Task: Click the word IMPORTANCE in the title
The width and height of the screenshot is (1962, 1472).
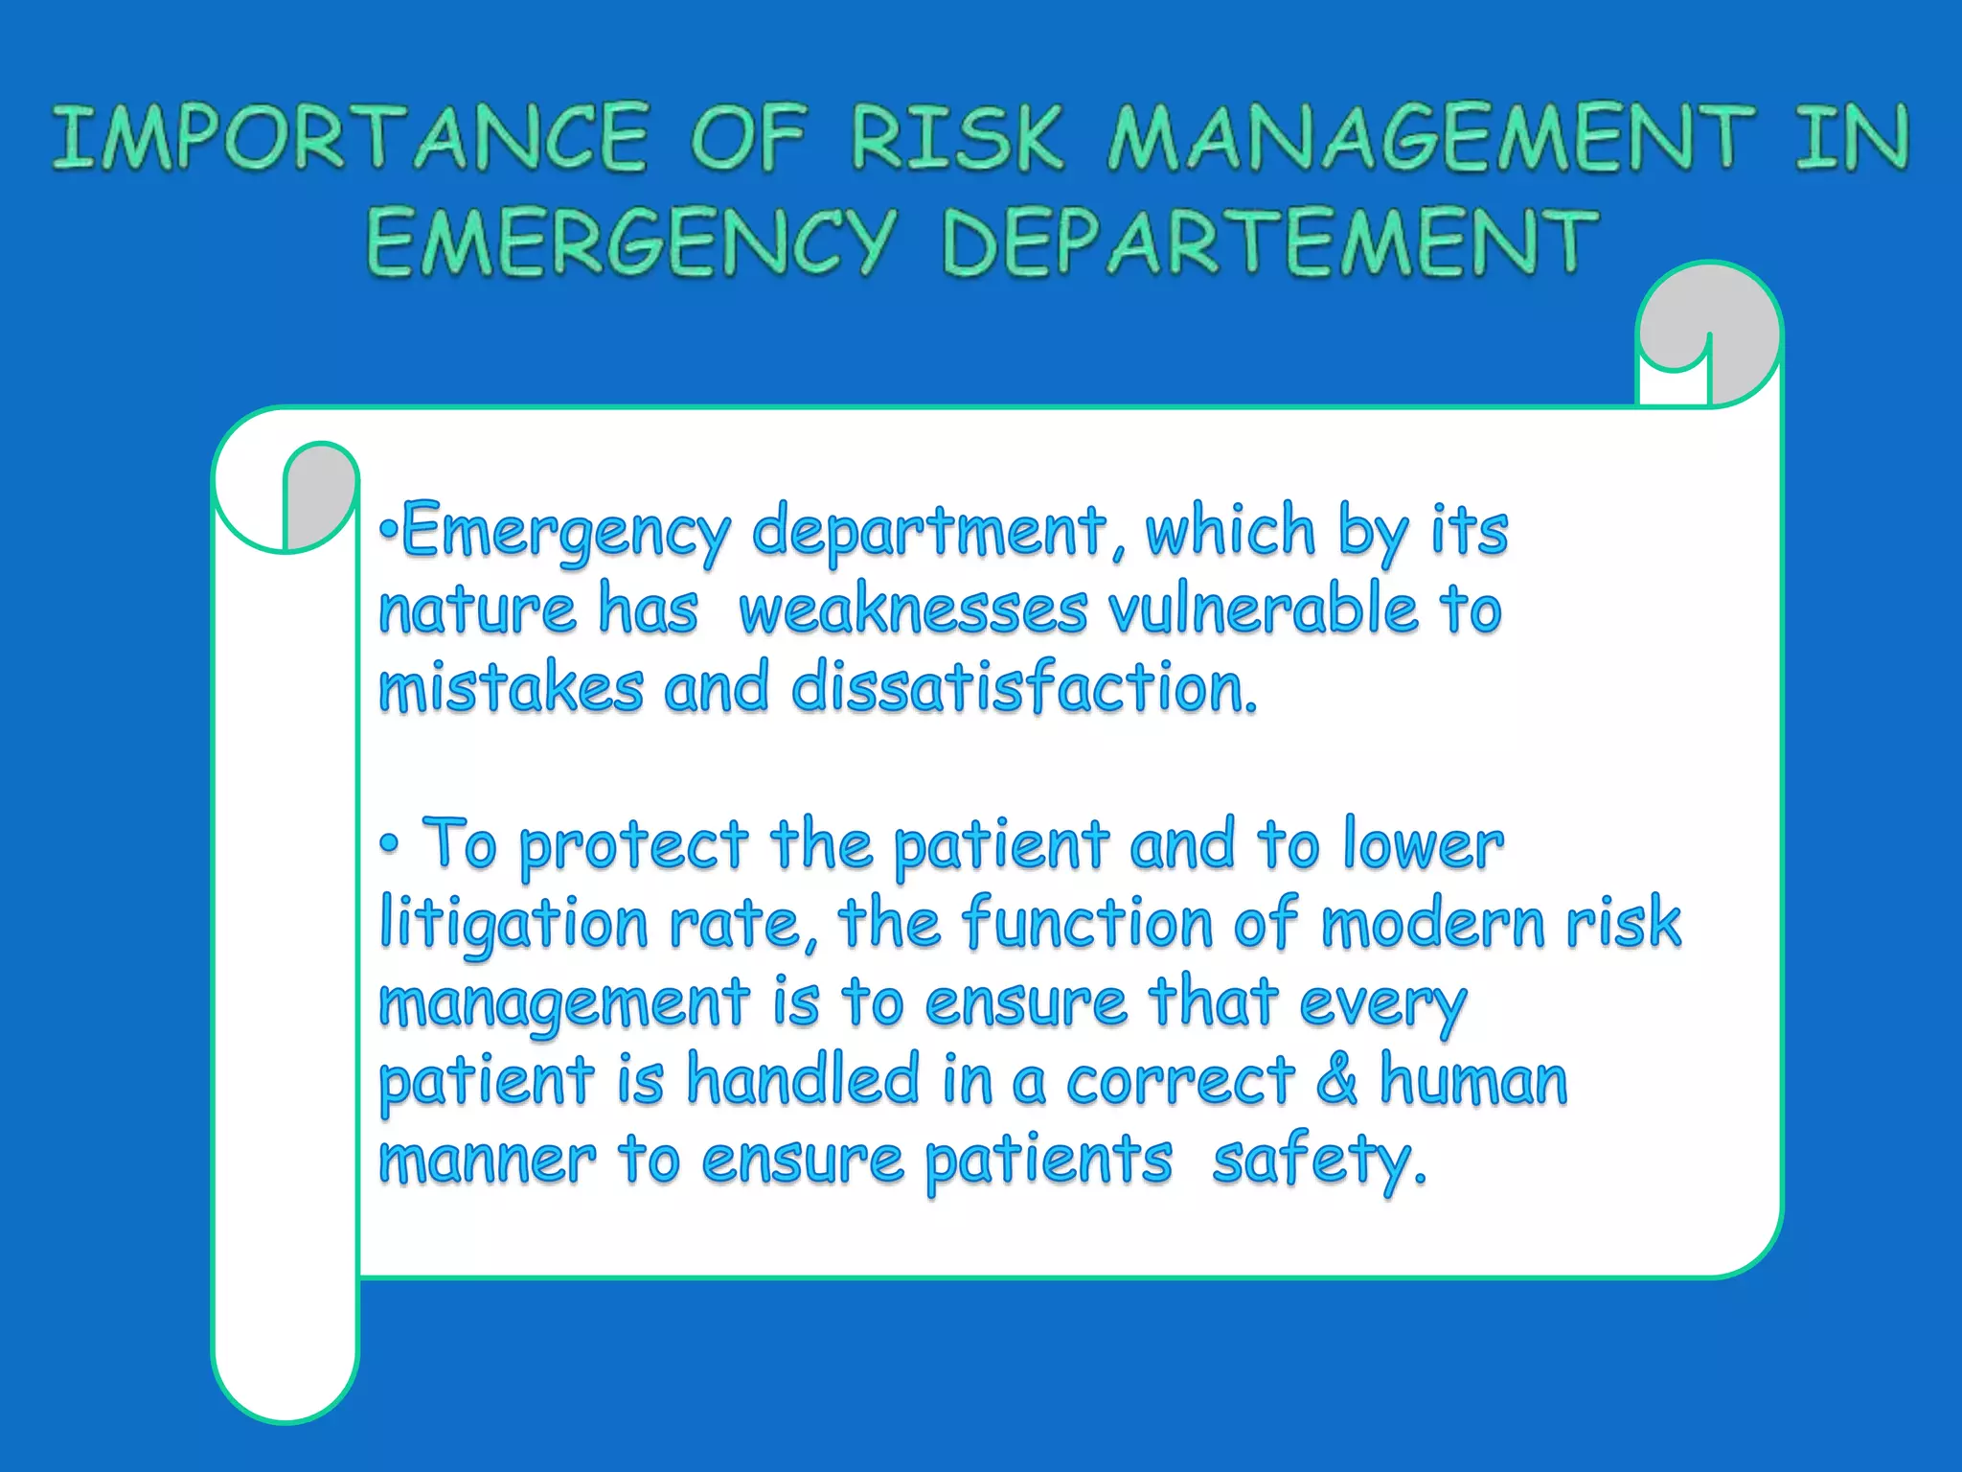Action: click(x=351, y=138)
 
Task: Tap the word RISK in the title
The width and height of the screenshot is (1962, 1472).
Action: click(x=957, y=138)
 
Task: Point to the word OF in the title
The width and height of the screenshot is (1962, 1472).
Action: click(x=748, y=138)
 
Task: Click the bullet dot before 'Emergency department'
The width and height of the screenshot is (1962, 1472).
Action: click(x=387, y=529)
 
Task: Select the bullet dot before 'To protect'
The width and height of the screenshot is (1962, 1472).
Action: click(x=389, y=844)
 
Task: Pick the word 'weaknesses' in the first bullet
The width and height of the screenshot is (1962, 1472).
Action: click(x=914, y=610)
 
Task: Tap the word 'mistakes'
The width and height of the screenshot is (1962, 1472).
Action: click(x=512, y=688)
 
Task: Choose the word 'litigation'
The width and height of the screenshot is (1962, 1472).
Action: click(x=514, y=924)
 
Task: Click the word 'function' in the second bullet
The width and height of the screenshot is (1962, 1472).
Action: click(x=1088, y=924)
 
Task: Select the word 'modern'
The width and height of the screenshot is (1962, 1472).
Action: click(x=1433, y=924)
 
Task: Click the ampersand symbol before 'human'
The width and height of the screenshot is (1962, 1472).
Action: click(x=1337, y=1079)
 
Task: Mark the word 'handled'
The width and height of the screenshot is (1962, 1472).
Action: click(x=804, y=1079)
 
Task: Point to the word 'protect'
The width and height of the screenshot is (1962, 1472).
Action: click(x=633, y=845)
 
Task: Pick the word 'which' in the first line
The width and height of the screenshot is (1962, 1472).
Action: click(x=1231, y=530)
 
